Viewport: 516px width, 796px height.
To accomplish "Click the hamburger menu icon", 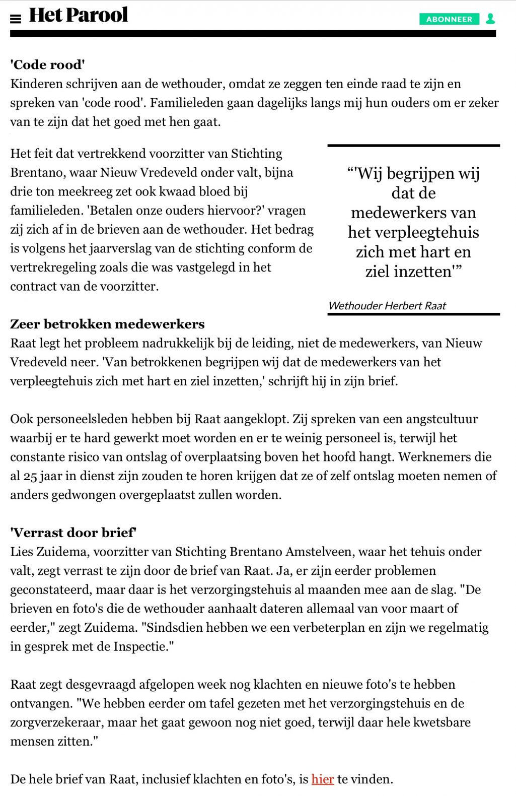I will click(x=16, y=19).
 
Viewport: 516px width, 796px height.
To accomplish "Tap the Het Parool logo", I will click(x=79, y=15).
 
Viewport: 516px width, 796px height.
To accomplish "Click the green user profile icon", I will click(x=490, y=19).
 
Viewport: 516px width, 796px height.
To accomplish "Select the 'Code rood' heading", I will click(x=48, y=65).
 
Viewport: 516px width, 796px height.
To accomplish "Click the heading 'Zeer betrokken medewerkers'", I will click(x=107, y=324).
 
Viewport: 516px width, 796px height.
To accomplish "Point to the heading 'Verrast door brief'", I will click(x=73, y=533).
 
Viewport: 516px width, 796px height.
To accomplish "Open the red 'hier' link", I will click(x=323, y=779).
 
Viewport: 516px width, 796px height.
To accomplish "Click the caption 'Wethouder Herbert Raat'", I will click(x=387, y=306).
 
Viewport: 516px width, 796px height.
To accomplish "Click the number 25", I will click(x=30, y=476).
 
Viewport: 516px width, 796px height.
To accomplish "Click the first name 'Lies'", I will click(x=22, y=552).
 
